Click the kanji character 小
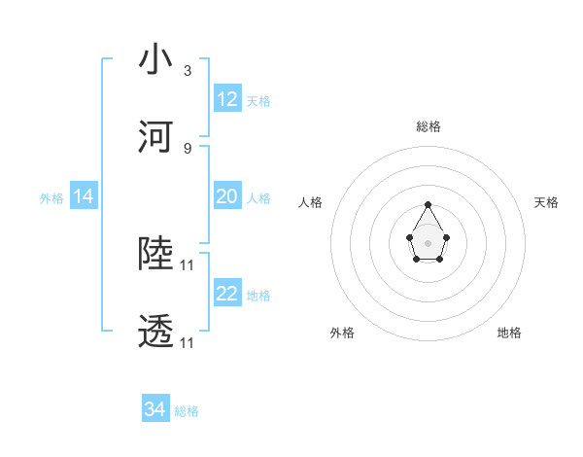[156, 60]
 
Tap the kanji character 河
[156, 137]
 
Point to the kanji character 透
[156, 332]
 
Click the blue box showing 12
[227, 99]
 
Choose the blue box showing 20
[227, 196]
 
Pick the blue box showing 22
[227, 294]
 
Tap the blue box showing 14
[84, 196]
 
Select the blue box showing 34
[155, 409]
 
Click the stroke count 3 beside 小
[188, 71]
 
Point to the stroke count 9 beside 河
[188, 148]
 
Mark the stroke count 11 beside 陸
[188, 264]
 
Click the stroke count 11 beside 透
[188, 343]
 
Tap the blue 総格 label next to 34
[187, 411]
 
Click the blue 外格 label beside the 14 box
[51, 197]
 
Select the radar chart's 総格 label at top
[429, 126]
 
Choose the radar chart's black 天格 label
[546, 202]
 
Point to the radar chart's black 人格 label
[310, 202]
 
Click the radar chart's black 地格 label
[509, 334]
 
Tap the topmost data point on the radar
[429, 204]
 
